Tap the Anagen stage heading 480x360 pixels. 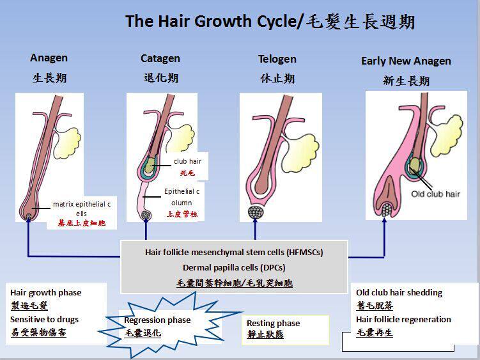pyautogui.click(x=49, y=58)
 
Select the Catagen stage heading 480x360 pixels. pyautogui.click(x=160, y=58)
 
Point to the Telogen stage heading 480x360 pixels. pyautogui.click(x=277, y=59)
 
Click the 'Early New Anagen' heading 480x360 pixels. pyautogui.click(x=406, y=61)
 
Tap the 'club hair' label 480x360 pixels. pyautogui.click(x=187, y=161)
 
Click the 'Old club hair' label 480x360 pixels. pyautogui.click(x=435, y=194)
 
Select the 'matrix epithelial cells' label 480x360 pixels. pyautogui.click(x=82, y=208)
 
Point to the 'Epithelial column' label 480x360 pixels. pyautogui.click(x=182, y=197)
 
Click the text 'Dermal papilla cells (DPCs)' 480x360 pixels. pyautogui.click(x=234, y=267)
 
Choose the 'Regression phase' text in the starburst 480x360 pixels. pyautogui.click(x=157, y=320)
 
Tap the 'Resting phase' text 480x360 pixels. pyautogui.click(x=273, y=323)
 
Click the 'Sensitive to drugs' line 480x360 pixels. pyautogui.click(x=45, y=319)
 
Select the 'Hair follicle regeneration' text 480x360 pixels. pyautogui.click(x=403, y=319)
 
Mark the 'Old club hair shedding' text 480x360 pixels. pyautogui.click(x=399, y=292)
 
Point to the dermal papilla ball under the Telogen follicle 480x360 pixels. pyautogui.click(x=256, y=212)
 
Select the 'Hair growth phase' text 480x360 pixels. pyautogui.click(x=46, y=292)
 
